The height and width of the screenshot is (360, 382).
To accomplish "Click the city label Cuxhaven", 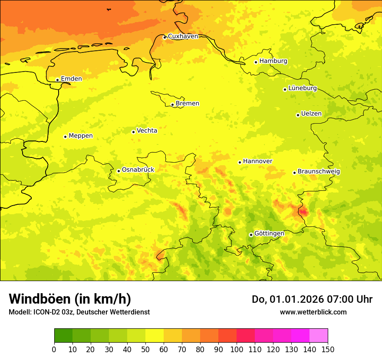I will [x=183, y=36].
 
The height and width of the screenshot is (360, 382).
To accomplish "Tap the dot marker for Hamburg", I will [x=256, y=62].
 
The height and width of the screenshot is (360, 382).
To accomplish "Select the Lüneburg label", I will [x=303, y=88].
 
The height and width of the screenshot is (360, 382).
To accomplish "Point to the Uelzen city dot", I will [x=298, y=115].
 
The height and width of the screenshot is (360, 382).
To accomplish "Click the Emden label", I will [x=71, y=79].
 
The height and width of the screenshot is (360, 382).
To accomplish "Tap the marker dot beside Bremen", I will [x=172, y=105].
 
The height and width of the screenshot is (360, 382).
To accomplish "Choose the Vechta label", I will [x=147, y=131].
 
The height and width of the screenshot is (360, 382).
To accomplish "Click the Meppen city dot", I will [x=65, y=137].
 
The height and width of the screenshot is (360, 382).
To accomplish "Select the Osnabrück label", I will [x=138, y=170].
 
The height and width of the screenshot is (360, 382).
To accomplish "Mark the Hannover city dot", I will [x=240, y=162].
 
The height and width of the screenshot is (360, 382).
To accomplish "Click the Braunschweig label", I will [x=319, y=171].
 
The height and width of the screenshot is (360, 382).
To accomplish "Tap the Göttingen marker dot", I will [x=251, y=235].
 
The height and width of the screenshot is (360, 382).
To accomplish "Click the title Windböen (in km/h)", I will [x=70, y=299].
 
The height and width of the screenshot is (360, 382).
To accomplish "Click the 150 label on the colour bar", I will [x=328, y=349].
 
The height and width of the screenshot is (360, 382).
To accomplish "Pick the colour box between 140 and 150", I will [x=319, y=336].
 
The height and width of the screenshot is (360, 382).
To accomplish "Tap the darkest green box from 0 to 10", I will [x=63, y=336].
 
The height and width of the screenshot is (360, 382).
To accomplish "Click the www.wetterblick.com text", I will [x=313, y=312].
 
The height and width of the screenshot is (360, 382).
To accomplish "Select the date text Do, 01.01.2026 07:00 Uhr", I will [x=312, y=299].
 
